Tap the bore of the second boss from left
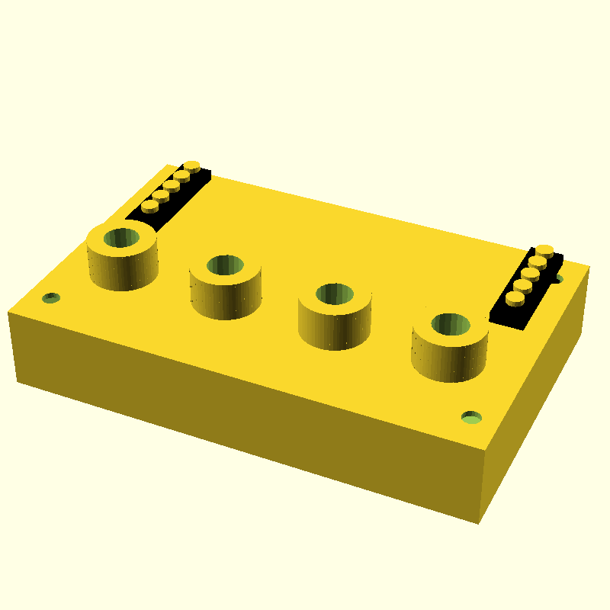225,265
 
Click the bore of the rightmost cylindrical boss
451,324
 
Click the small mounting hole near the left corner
51,297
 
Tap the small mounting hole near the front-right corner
472,417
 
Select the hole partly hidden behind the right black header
559,279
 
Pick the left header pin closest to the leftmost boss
149,205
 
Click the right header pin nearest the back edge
544,249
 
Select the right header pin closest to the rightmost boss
514,298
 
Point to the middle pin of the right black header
529,274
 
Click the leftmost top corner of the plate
8,312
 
